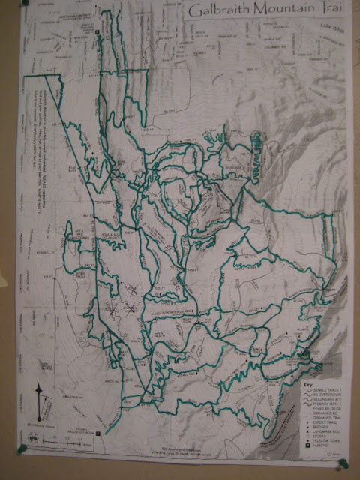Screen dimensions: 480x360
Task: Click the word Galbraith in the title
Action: (x=218, y=11)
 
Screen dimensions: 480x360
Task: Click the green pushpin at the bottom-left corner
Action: (x=21, y=451)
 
